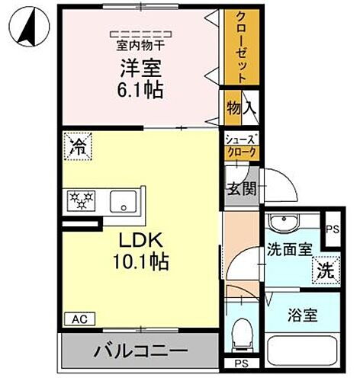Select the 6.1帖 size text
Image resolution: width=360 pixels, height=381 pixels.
[140, 91]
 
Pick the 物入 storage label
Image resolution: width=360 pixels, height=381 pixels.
[240, 109]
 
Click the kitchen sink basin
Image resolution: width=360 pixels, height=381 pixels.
[123, 202]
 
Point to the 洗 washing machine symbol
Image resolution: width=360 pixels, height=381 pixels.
[324, 269]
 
